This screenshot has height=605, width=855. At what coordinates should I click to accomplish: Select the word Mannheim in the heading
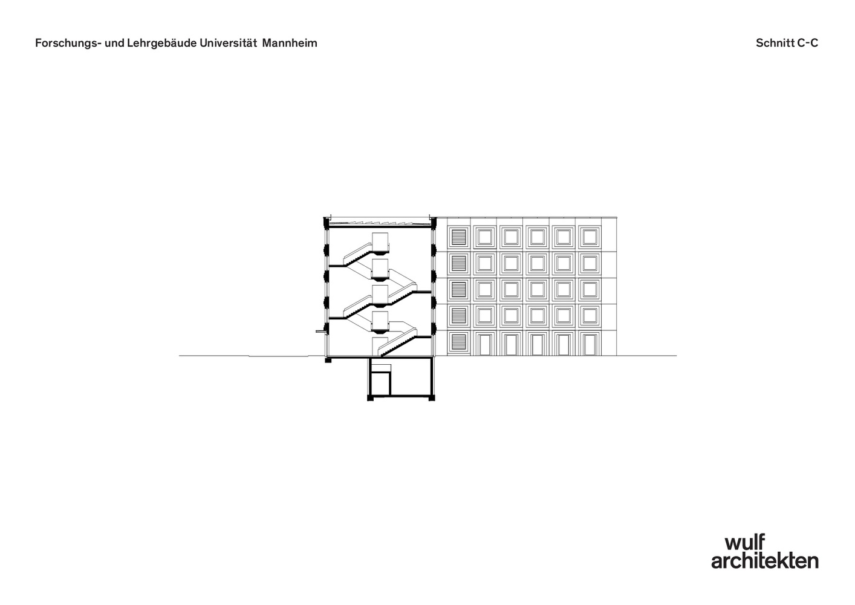pos(290,44)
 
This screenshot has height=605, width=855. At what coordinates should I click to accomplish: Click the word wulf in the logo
pos(744,543)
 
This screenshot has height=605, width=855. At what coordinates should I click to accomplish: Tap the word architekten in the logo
pos(765,561)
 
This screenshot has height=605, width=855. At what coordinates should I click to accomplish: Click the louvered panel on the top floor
pos(460,237)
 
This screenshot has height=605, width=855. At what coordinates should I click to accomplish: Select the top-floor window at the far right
pos(590,237)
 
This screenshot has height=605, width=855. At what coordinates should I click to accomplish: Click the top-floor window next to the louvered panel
pos(484,237)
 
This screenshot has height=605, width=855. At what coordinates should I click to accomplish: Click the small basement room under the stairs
pos(380,385)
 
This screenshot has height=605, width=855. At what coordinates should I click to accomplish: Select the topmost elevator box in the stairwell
pos(380,240)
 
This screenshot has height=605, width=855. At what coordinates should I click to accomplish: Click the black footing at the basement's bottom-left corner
pos(371,397)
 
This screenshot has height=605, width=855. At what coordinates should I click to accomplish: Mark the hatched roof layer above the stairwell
pos(380,223)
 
